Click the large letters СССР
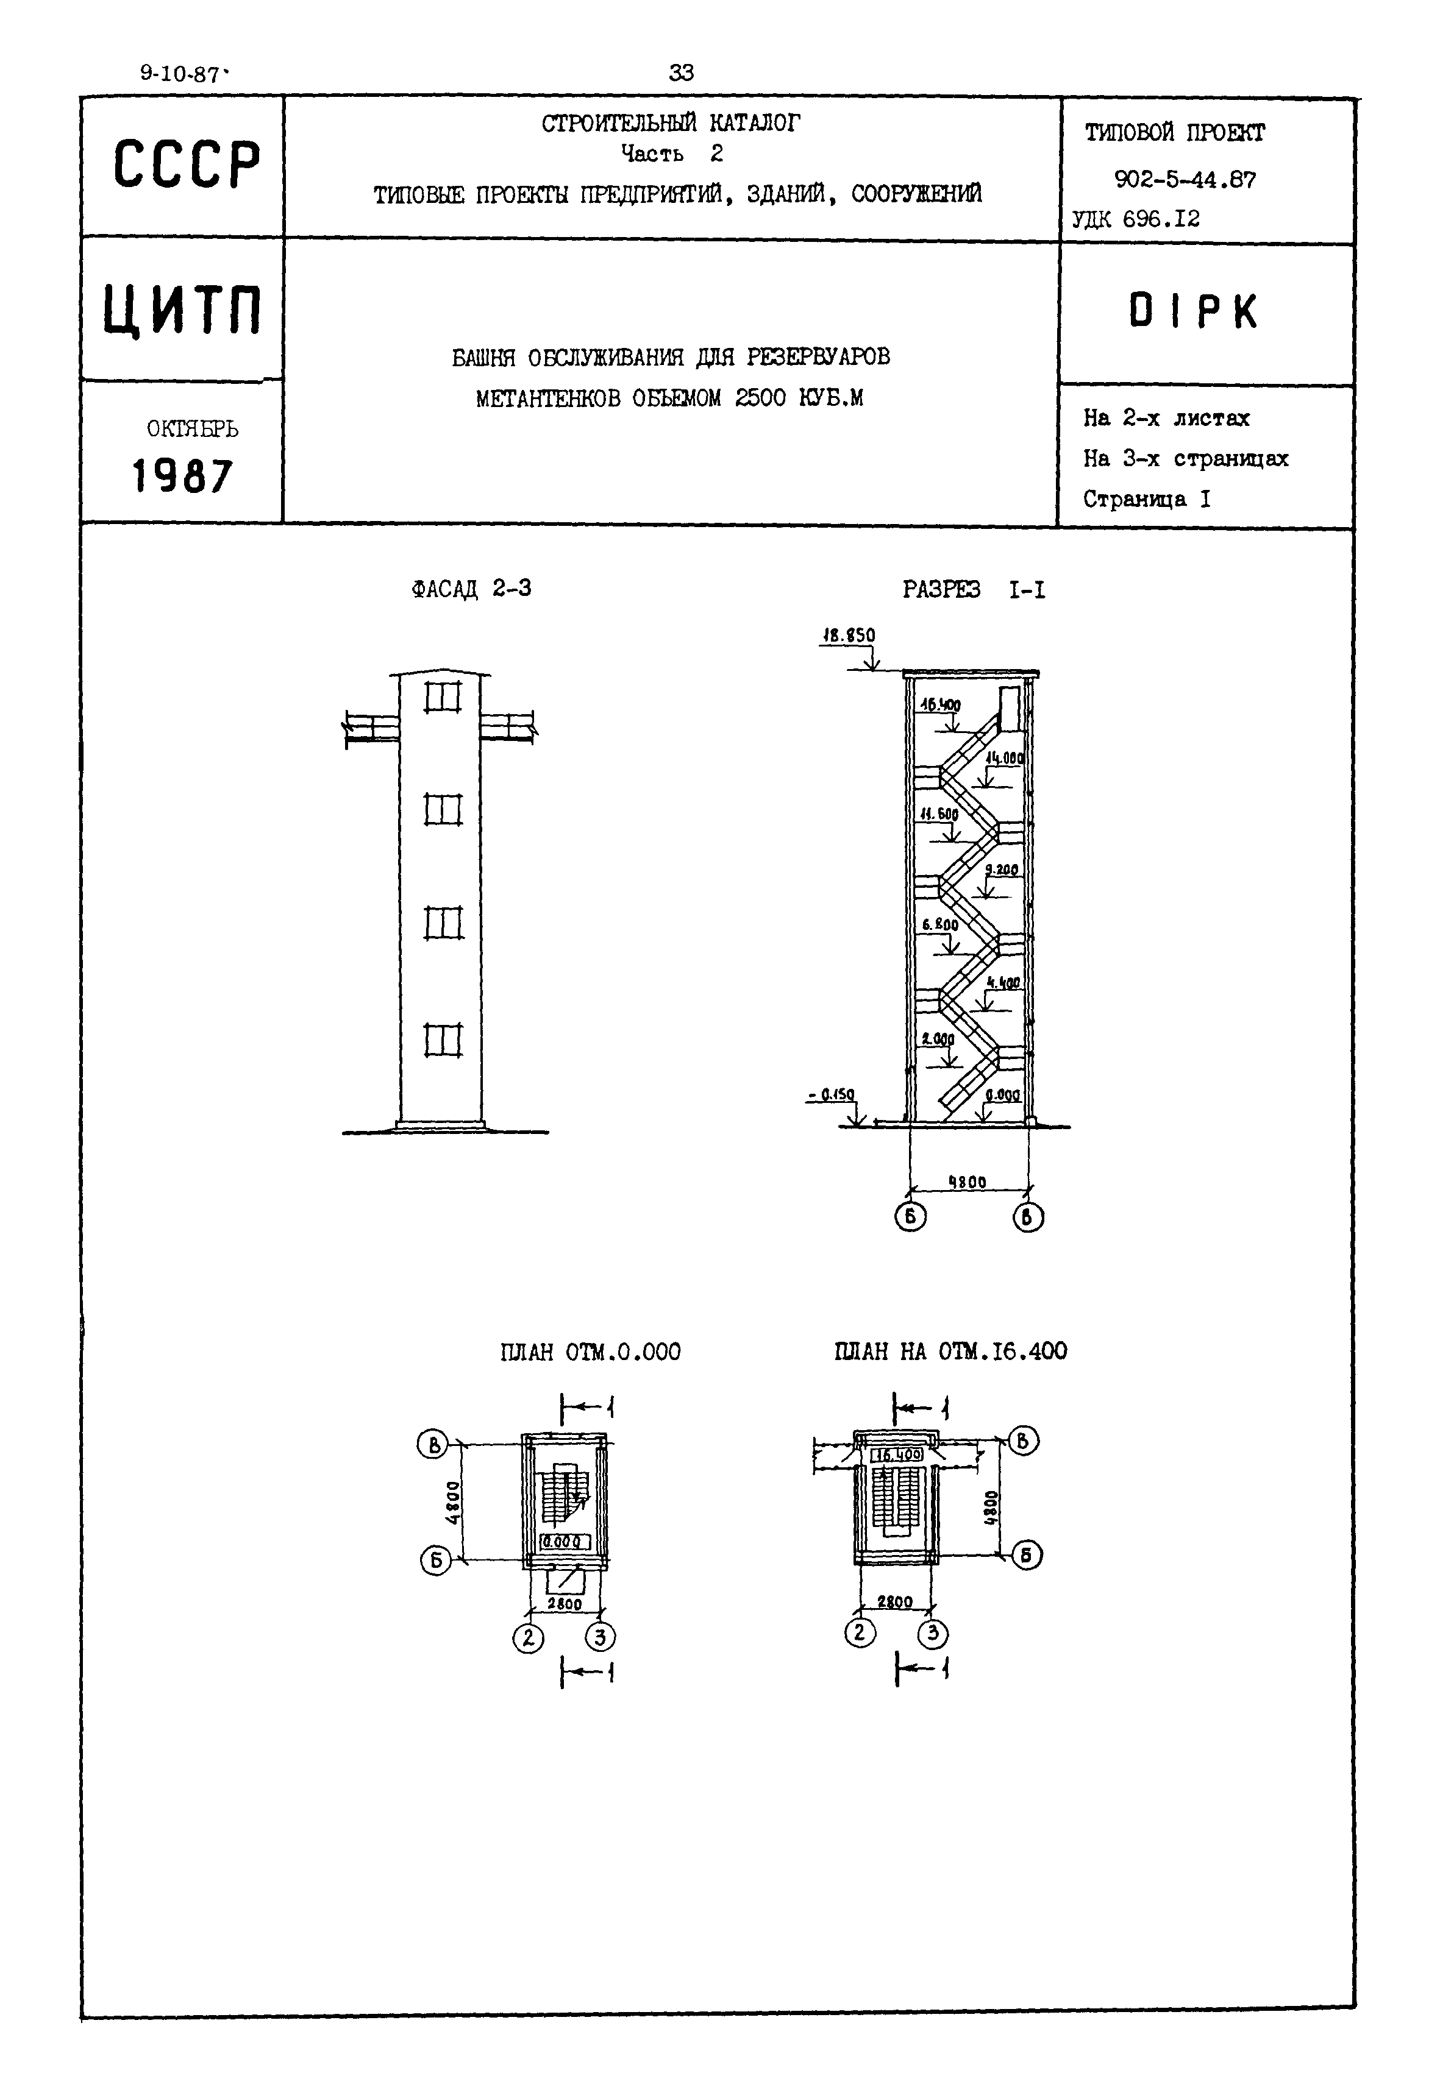(186, 165)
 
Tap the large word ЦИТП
(182, 308)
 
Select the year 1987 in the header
(182, 475)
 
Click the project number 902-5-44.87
(1185, 180)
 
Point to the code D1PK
(1192, 312)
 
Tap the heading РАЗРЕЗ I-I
(974, 590)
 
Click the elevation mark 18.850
(847, 636)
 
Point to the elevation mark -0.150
(831, 1094)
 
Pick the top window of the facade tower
(442, 697)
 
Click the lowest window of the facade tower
(442, 1040)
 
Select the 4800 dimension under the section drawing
(968, 1182)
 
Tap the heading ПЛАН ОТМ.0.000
(590, 1352)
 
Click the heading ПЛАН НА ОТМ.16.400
(950, 1351)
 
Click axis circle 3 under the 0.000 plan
(601, 1636)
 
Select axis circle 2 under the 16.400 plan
(859, 1632)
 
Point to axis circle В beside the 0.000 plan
(432, 1444)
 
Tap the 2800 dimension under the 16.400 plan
(894, 1602)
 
